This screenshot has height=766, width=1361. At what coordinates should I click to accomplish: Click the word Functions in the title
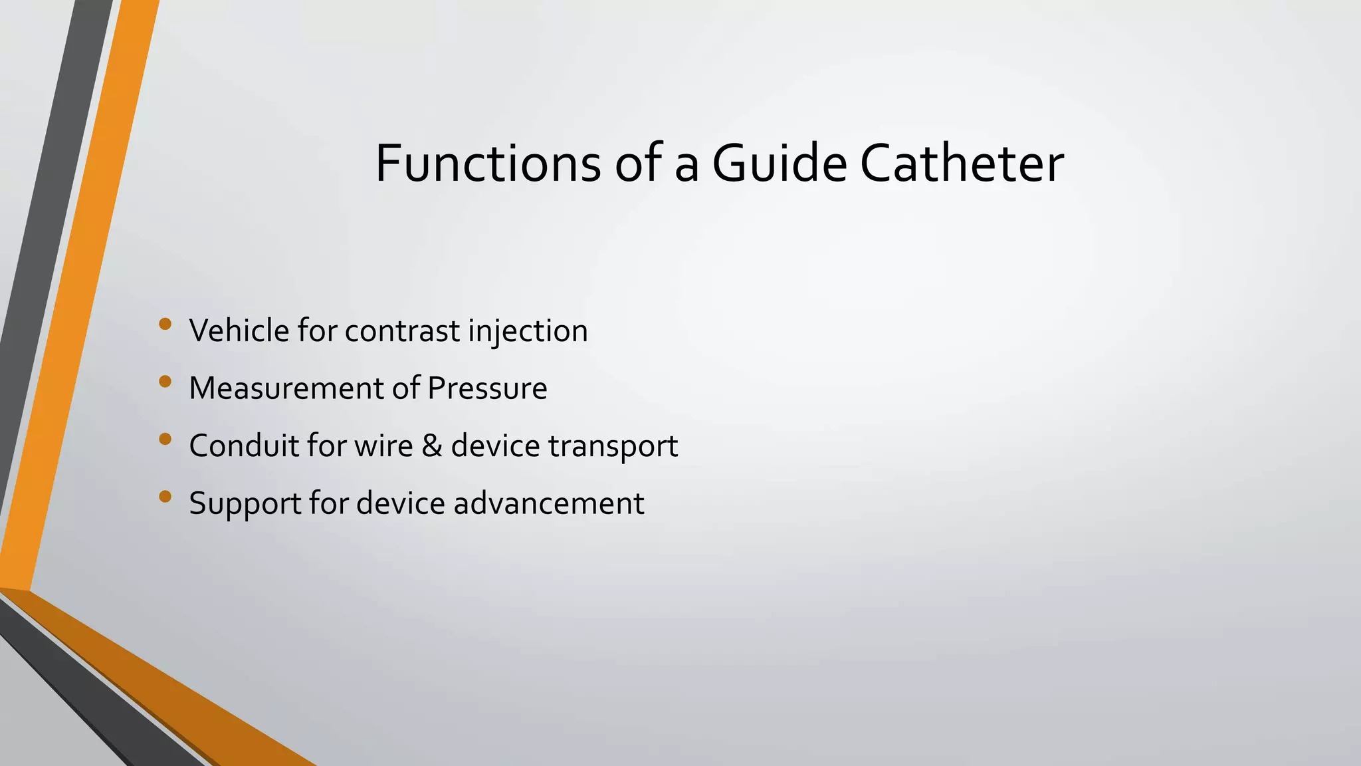(x=488, y=164)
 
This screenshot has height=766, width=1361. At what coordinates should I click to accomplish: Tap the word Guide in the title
(x=779, y=164)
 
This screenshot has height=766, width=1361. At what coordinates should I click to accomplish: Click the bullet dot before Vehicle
(x=165, y=324)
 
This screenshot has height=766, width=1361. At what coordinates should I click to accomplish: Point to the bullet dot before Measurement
(x=165, y=382)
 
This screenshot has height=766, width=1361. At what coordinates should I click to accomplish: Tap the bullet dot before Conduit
(x=165, y=439)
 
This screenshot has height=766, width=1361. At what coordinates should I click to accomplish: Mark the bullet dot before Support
(x=165, y=496)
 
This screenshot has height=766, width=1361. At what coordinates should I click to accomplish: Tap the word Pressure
(x=487, y=388)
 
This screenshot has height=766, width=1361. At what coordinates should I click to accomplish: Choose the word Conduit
(x=243, y=446)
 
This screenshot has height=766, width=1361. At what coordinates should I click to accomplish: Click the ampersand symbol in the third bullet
(x=431, y=446)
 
